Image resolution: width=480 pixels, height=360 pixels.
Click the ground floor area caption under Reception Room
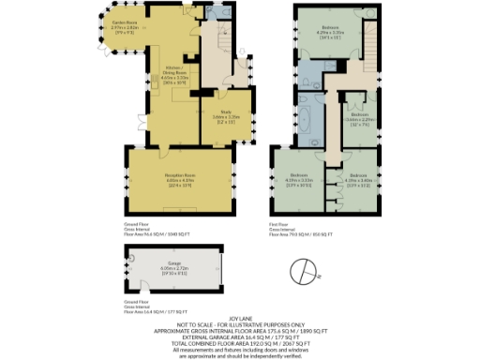[x=157, y=231]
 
